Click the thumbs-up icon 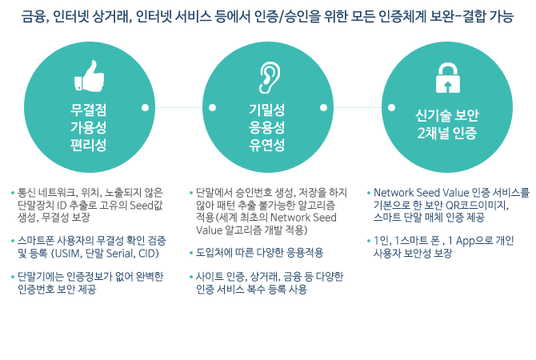pyautogui.click(x=90, y=76)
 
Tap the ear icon pyautogui.click(x=270, y=78)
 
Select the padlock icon pyautogui.click(x=448, y=78)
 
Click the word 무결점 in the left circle pyautogui.click(x=89, y=110)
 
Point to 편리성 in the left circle pyautogui.click(x=89, y=145)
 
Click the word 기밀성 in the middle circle pyautogui.click(x=267, y=110)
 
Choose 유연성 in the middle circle pyautogui.click(x=267, y=145)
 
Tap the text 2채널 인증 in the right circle pyautogui.click(x=446, y=133)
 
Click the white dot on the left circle pyautogui.click(x=146, y=108)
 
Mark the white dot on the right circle pyautogui.click(x=392, y=108)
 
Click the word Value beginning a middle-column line pyautogui.click(x=209, y=230)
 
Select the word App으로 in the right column pyautogui.click(x=473, y=242)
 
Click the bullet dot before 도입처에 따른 pyautogui.click(x=191, y=254)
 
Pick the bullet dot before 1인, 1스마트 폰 pyautogui.click(x=369, y=241)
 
